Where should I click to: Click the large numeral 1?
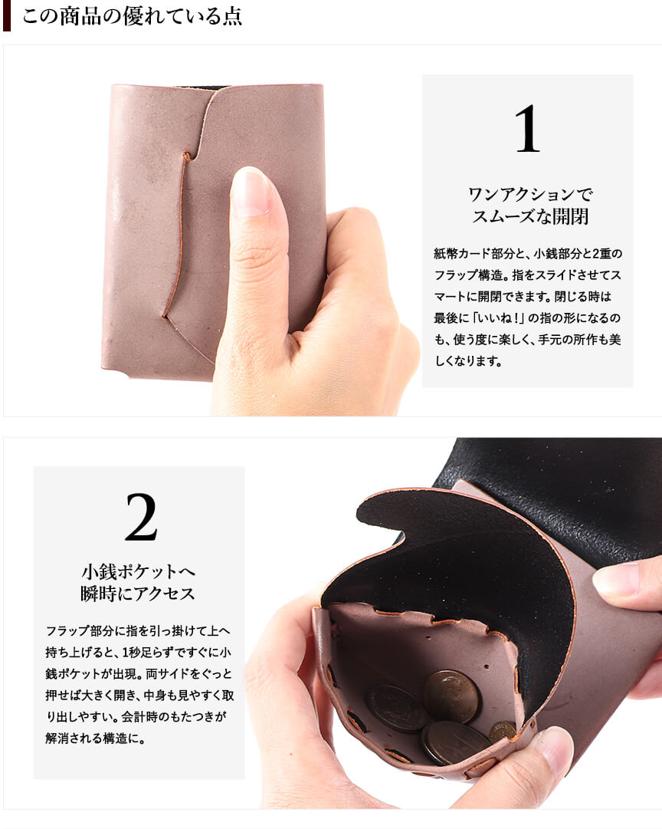[x=528, y=129]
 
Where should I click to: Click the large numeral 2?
[x=141, y=517]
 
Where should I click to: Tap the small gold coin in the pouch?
[x=503, y=733]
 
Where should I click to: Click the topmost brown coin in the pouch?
[x=452, y=695]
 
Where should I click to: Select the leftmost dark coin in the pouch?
[x=398, y=709]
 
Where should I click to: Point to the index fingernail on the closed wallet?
[x=251, y=192]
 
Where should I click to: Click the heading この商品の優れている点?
[x=132, y=16]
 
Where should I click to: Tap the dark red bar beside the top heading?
[x=7, y=16]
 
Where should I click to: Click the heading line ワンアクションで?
[x=530, y=194]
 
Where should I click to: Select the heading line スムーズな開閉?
[x=530, y=217]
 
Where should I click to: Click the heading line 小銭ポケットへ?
[x=139, y=571]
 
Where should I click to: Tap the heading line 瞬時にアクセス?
[x=139, y=594]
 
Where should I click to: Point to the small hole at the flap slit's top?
[x=186, y=156]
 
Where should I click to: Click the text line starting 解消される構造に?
[x=95, y=738]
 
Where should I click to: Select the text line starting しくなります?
[x=467, y=361]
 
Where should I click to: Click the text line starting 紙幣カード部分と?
[x=528, y=253]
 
